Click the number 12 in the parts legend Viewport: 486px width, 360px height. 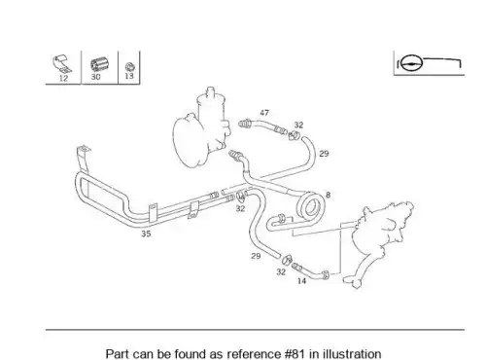point(63,78)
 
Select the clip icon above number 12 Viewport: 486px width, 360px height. point(62,64)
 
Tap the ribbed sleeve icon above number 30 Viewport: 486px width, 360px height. point(99,65)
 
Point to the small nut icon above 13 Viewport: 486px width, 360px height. point(130,67)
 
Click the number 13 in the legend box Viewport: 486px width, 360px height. point(129,76)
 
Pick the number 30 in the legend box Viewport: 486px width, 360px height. point(95,77)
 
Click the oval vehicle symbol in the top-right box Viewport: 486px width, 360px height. point(412,63)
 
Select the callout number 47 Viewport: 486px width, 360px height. point(264,113)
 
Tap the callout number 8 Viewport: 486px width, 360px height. point(328,195)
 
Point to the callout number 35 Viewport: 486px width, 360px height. point(146,234)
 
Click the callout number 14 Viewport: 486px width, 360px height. point(301,281)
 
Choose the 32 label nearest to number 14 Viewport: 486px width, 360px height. point(281,271)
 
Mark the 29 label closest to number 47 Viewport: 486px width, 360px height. point(324,154)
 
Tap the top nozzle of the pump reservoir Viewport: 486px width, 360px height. point(211,90)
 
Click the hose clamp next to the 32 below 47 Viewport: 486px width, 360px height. point(294,135)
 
